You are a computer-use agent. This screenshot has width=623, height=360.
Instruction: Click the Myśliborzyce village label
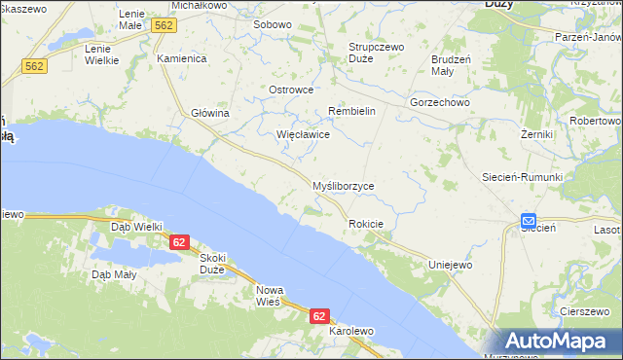coord(342,185)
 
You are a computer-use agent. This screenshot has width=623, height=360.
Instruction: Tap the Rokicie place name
coord(366,224)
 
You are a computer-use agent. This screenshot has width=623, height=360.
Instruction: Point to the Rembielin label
coord(351,111)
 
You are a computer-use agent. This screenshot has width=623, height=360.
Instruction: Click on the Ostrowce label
coord(291,90)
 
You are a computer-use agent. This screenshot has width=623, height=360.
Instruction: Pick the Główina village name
coord(209,113)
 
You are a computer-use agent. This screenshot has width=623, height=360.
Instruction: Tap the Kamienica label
coord(182,58)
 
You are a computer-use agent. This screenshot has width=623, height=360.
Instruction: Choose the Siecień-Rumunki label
coord(523,177)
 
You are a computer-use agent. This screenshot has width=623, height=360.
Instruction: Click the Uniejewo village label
coord(451,264)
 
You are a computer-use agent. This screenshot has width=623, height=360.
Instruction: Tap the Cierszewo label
coord(585,310)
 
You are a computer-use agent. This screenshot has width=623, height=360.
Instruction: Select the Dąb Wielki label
coord(136,226)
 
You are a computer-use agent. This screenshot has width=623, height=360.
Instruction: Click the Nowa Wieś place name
coord(269,296)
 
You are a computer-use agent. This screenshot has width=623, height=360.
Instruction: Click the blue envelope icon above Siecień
coord(528,221)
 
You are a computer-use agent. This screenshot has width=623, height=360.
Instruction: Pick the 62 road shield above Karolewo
coord(320,316)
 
